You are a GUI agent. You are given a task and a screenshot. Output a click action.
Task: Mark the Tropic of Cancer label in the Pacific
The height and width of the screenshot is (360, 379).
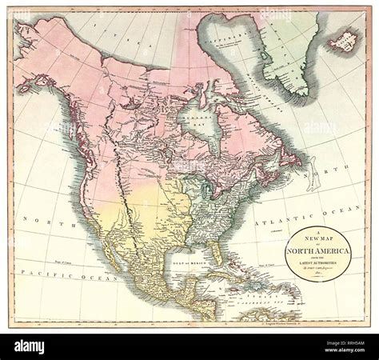coord(60,262)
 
